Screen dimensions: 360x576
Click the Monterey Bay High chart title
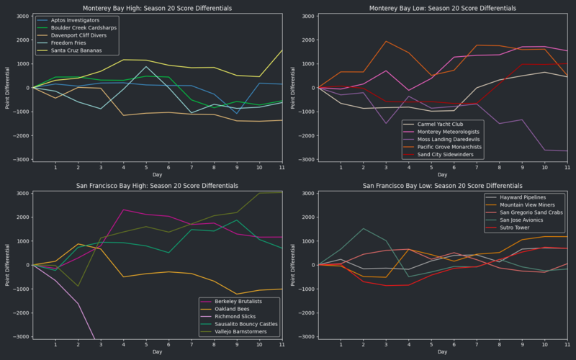pos(157,8)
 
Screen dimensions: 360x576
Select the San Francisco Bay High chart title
pos(157,185)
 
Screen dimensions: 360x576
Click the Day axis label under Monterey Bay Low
pos(442,174)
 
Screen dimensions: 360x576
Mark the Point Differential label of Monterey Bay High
pos(8,88)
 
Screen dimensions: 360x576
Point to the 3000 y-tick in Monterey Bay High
pos(22,16)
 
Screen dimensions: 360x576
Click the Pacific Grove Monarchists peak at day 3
pos(386,41)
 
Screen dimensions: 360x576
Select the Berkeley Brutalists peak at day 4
pos(124,210)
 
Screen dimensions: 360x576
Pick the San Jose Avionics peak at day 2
pos(364,228)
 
